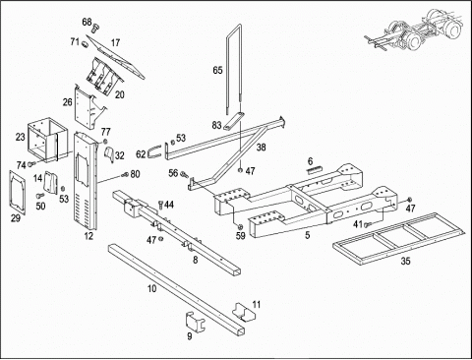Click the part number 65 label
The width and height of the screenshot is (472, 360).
(x=217, y=70)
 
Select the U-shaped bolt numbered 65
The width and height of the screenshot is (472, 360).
(x=227, y=66)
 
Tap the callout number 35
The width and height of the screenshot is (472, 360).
(x=405, y=261)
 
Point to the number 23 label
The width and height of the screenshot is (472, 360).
(x=21, y=137)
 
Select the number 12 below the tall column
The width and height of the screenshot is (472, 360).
(x=88, y=236)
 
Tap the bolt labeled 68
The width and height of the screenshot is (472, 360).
(x=95, y=28)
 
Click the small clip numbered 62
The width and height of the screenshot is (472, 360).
(x=154, y=152)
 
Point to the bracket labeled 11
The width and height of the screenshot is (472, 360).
(x=244, y=313)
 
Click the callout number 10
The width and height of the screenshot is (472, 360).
(x=151, y=289)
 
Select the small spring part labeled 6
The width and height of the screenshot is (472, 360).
(x=315, y=169)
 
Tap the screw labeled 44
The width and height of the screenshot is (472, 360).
(x=160, y=206)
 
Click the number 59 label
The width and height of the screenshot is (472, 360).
(x=241, y=236)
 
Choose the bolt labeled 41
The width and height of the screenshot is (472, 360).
(x=367, y=225)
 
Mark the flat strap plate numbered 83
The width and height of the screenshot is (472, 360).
(x=234, y=121)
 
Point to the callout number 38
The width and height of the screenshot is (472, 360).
(x=261, y=148)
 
